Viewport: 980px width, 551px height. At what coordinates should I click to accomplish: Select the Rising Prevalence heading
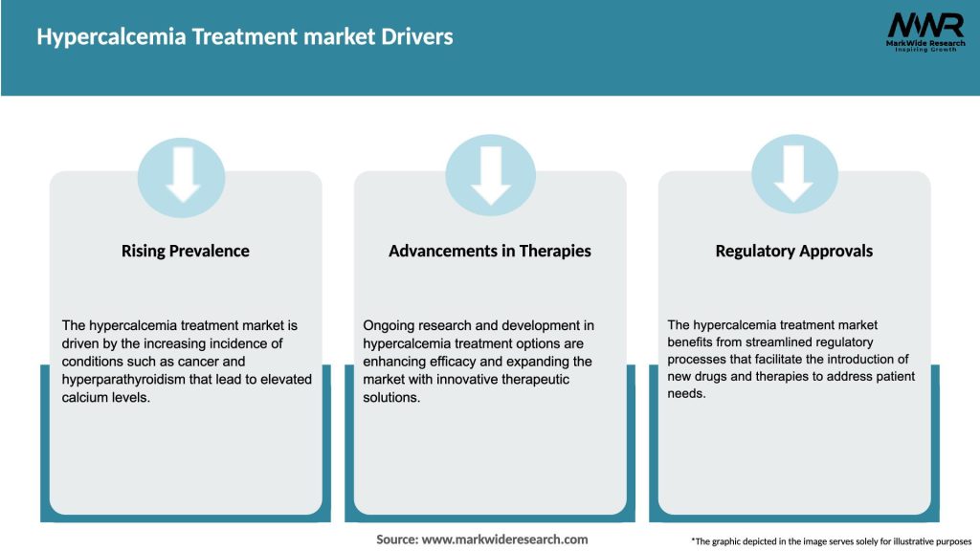click(x=185, y=251)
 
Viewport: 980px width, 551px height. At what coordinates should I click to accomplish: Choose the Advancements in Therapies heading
click(x=489, y=251)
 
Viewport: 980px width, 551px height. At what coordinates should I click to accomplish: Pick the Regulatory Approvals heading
click(x=793, y=251)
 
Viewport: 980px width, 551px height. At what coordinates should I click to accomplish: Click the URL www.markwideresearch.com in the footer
click(x=504, y=540)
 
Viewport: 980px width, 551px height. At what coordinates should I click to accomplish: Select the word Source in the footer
click(x=396, y=540)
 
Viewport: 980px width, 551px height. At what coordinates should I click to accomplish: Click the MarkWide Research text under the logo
click(x=924, y=43)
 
